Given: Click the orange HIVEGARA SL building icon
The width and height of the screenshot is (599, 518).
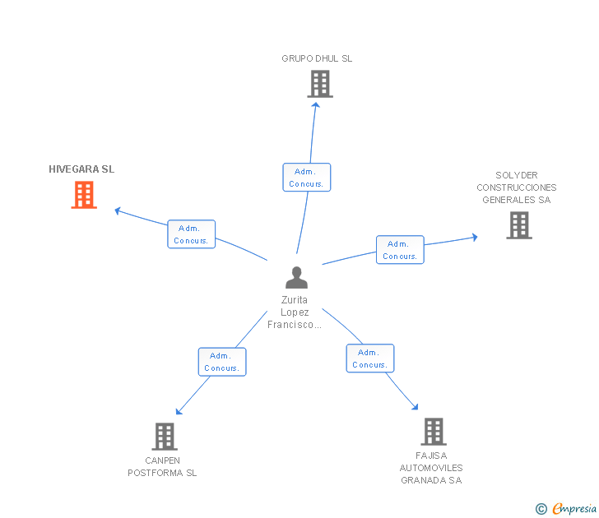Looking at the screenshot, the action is [x=84, y=195].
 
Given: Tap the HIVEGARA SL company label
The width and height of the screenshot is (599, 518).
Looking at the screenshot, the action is [x=81, y=169].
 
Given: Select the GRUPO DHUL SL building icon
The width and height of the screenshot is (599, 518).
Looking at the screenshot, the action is [x=320, y=84].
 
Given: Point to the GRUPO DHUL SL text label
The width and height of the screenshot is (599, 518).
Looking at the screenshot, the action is [x=317, y=58].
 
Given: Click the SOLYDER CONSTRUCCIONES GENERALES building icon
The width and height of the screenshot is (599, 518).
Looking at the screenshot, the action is [x=519, y=225].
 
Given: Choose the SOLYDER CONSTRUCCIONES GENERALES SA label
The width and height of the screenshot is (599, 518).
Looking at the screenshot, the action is [x=517, y=187].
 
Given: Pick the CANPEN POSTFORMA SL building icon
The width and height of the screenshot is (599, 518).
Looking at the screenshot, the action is [x=165, y=437].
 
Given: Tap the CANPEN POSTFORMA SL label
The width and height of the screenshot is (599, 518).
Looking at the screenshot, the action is [x=162, y=466].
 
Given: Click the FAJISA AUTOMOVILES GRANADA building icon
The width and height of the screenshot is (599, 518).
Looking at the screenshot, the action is [x=434, y=432].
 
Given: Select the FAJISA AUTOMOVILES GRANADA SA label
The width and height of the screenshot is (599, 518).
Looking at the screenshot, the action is [x=431, y=468].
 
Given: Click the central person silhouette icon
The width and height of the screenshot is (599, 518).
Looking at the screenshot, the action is [x=296, y=278].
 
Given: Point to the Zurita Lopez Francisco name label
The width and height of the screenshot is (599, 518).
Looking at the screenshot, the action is [x=295, y=312].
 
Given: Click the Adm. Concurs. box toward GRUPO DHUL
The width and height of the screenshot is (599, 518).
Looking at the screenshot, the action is [x=307, y=178].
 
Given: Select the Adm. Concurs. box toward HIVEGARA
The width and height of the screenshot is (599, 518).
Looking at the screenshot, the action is [x=192, y=234].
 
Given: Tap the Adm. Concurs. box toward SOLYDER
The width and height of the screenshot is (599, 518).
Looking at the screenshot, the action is [x=400, y=250].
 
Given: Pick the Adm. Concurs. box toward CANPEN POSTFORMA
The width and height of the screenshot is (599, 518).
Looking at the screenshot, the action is [x=222, y=362].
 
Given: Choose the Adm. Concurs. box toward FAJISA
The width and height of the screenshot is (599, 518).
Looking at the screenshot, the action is [x=370, y=358].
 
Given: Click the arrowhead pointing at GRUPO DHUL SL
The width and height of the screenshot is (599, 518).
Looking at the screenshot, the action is [x=316, y=105].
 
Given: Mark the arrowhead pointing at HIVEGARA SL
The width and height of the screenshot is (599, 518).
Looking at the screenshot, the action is [x=118, y=210].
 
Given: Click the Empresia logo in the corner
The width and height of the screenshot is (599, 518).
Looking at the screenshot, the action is [x=566, y=508].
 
